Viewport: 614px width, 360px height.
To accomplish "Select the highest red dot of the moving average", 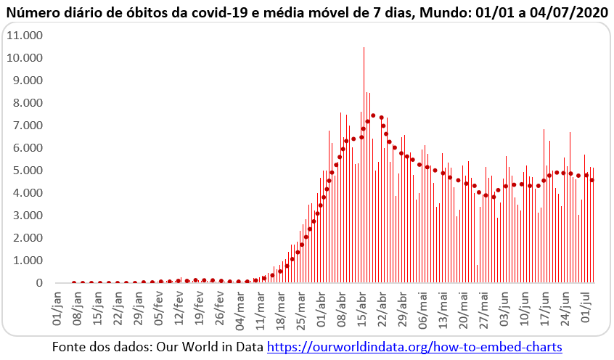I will tap(373, 115).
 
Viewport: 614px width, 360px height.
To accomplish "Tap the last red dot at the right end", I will tap(593, 180).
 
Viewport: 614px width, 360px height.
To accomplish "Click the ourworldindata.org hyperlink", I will tap(414, 347).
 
